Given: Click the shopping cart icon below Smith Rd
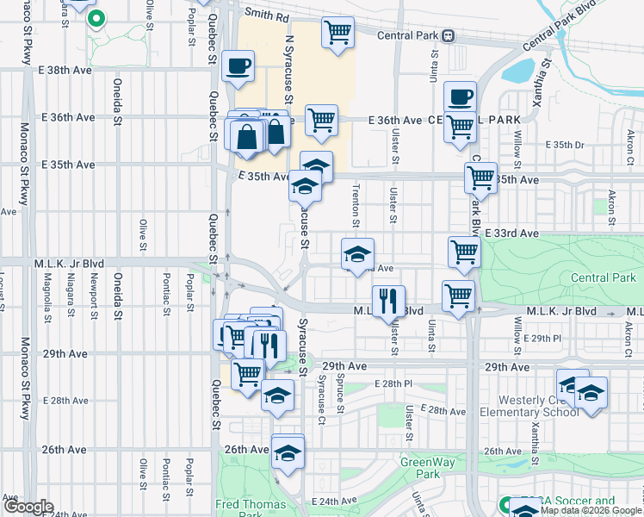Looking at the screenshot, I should click(337, 33).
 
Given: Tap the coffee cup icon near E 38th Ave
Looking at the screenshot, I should click(238, 65).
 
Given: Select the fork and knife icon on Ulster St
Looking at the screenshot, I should click(388, 301).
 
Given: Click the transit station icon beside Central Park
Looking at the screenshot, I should click(448, 37).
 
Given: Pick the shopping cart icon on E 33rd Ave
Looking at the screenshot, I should click(463, 252).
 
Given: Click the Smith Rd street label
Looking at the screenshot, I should click(266, 14).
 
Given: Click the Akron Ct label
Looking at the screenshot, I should click(630, 145).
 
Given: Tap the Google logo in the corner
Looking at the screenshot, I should click(28, 507).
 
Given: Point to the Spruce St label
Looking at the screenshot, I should click(341, 396).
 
